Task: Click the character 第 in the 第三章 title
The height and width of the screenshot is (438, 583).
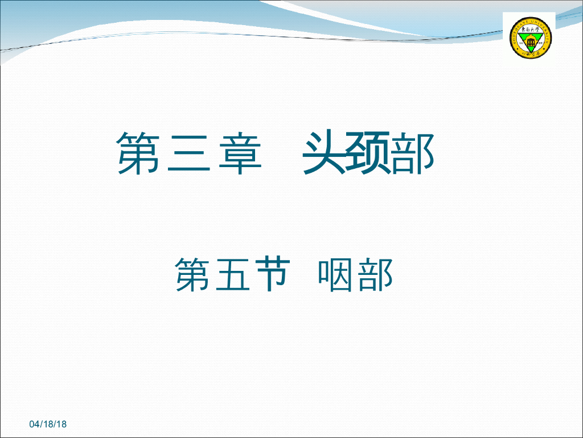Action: coord(138,153)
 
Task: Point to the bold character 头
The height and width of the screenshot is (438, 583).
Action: coord(325,152)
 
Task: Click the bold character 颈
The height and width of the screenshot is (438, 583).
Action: coord(369,152)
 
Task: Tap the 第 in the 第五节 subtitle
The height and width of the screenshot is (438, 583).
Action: coord(193,274)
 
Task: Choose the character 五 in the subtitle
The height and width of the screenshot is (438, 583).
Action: coord(231,275)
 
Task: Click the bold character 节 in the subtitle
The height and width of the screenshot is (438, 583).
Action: coord(268,274)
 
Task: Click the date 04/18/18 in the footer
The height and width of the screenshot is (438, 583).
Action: coord(48,424)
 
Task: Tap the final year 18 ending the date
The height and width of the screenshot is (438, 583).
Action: coord(61,424)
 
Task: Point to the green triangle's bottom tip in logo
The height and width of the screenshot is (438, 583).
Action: coord(530,53)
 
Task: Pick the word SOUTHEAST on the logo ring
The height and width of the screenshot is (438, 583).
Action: coord(515,34)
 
